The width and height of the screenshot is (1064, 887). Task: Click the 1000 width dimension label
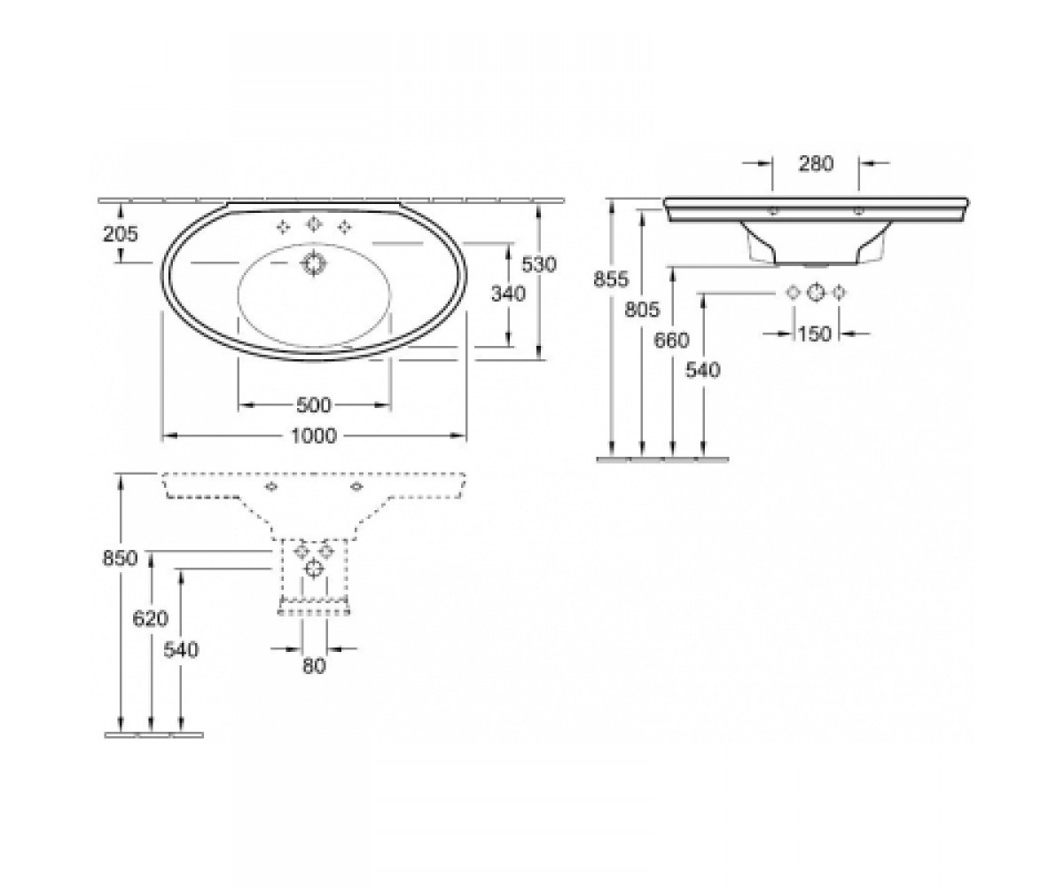(x=314, y=436)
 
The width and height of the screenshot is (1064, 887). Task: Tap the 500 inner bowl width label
(x=314, y=405)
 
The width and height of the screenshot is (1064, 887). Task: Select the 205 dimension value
(x=121, y=234)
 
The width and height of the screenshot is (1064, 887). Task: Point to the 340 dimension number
(x=509, y=294)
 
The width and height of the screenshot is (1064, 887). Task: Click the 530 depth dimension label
(x=540, y=264)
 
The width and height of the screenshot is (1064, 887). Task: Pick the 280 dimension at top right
(x=816, y=163)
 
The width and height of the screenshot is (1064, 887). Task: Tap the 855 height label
(x=612, y=279)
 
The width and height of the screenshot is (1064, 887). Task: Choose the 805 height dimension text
(x=642, y=309)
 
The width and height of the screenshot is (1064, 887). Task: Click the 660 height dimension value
(x=671, y=340)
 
